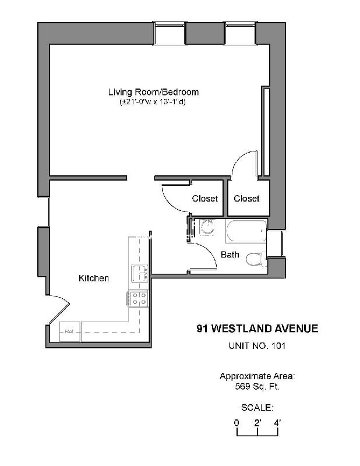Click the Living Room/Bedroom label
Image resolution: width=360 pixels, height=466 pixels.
pos(153,92)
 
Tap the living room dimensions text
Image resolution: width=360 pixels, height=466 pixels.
pos(153,102)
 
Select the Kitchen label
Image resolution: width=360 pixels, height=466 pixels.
pos(94,278)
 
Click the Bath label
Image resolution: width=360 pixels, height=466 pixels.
pos(230,255)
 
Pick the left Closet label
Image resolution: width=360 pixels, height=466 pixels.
pos(204,199)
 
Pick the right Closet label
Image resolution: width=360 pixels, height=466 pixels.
pos(246,199)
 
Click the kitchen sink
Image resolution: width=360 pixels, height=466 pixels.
pos(139,273)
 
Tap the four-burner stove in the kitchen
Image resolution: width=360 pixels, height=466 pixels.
pos(139,299)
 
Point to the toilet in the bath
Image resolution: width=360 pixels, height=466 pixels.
pos(255,258)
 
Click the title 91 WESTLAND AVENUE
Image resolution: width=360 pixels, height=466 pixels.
pos(257,329)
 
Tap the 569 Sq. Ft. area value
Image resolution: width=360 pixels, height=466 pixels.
pos(257,385)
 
